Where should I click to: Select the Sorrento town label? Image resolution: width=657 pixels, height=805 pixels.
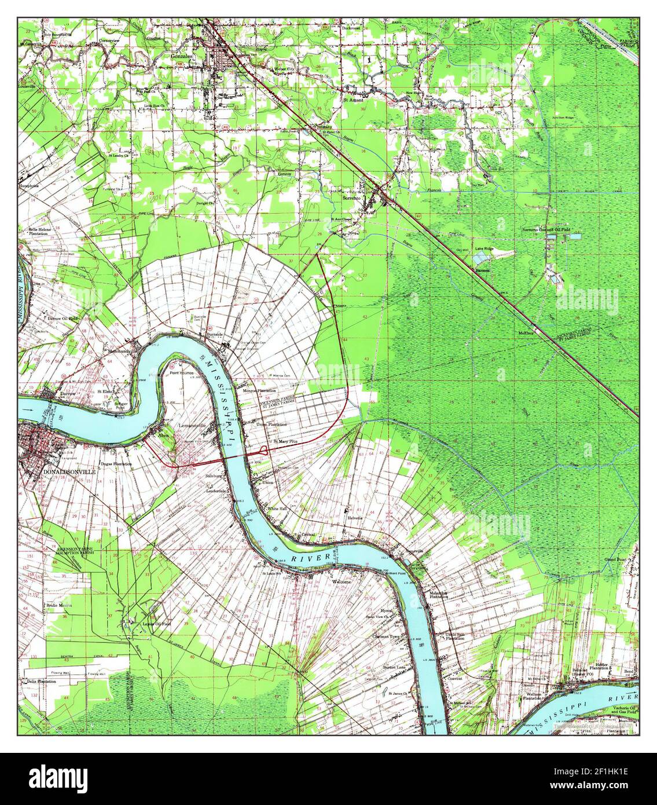[352, 198]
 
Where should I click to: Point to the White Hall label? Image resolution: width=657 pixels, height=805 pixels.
[277, 508]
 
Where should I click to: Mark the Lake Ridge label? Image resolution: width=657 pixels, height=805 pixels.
[485, 248]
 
